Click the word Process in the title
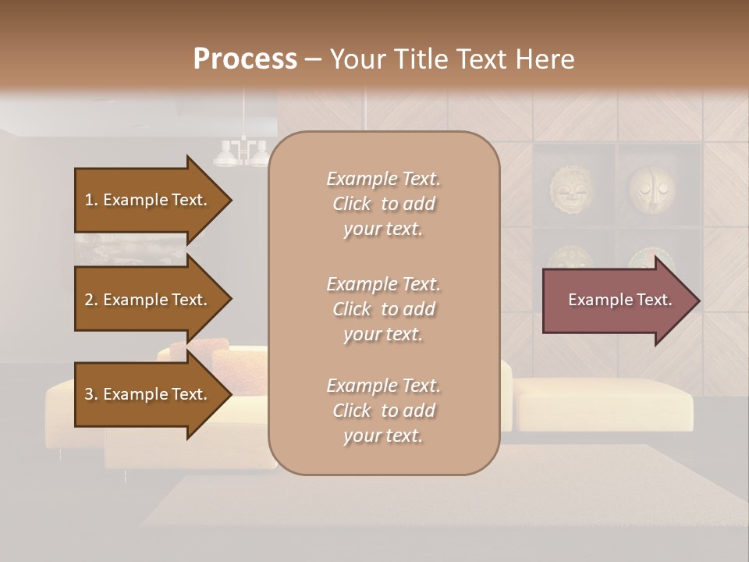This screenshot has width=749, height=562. coord(245,59)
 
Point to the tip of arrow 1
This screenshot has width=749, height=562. coord(230,200)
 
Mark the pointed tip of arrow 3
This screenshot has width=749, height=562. coord(230,394)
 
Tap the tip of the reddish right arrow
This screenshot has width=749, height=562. coord(699,301)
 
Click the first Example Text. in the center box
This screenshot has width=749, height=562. coord(383,179)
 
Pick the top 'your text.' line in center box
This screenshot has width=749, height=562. coord(383,229)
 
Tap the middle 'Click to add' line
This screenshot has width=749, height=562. coord(383,309)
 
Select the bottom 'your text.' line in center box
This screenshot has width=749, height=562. coord(383,436)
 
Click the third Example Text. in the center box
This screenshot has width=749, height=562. coord(383,386)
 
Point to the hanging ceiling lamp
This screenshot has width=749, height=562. coord(243,152)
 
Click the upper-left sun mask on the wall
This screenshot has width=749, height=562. coord(572,188)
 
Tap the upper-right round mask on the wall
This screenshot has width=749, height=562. coord(651,188)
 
